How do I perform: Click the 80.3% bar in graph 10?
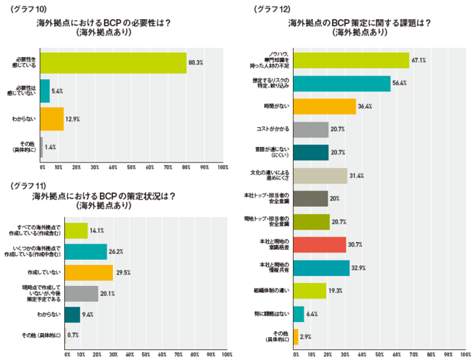[113, 63]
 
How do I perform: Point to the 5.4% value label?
[58, 91]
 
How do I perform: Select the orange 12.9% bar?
[52, 119]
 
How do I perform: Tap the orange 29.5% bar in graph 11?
[89, 272]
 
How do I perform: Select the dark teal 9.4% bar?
[72, 314]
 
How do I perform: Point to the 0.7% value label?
[73, 335]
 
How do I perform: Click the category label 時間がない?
[275, 107]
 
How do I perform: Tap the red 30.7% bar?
[319, 244]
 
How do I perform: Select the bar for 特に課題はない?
[298, 313]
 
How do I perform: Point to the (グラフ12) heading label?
[272, 8]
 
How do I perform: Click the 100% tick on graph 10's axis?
[222, 167]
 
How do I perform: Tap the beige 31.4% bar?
[320, 176]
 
